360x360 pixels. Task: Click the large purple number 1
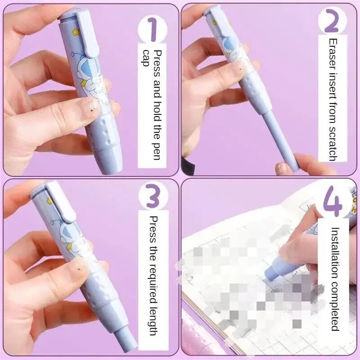[152, 29]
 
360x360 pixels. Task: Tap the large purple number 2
[332, 20]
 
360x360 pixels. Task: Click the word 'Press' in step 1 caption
[157, 63]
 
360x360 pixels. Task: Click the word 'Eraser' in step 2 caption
[333, 54]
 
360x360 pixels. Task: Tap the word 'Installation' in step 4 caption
[335, 252]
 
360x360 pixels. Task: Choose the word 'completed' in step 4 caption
[335, 306]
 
